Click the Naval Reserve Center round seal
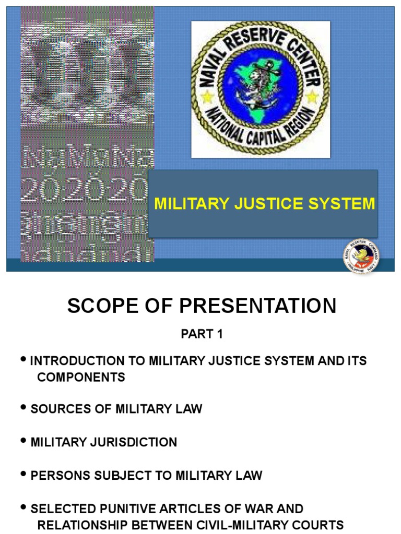(x=261, y=89)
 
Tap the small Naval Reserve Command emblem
(x=361, y=256)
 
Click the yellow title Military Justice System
(x=264, y=203)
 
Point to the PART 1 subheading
(x=202, y=335)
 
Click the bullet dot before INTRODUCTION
(x=24, y=360)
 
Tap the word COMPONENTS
(x=81, y=377)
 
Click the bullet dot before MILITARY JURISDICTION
(x=24, y=441)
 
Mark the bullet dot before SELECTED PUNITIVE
(x=24, y=507)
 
